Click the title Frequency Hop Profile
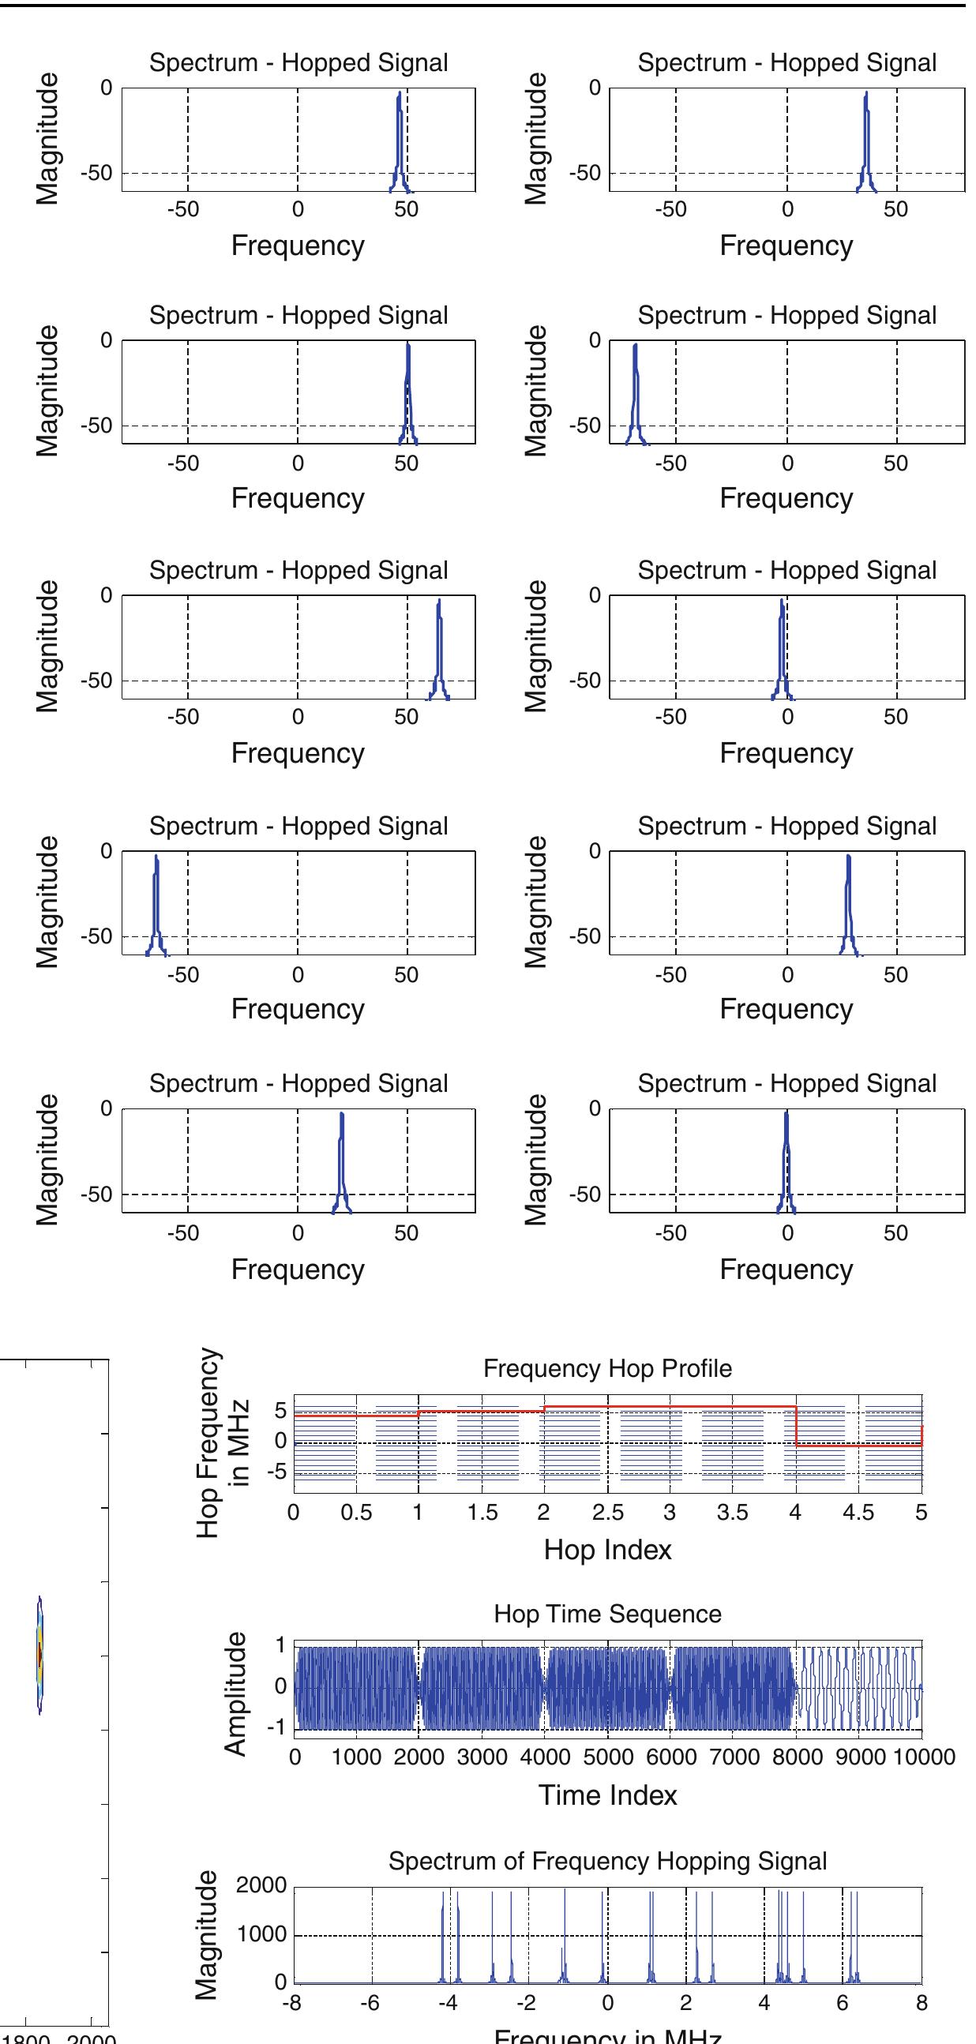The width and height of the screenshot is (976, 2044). [607, 1368]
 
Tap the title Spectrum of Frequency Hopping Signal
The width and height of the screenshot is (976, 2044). [607, 1861]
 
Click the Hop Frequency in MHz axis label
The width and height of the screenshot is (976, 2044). [223, 1441]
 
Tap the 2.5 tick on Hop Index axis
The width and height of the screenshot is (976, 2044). [607, 1513]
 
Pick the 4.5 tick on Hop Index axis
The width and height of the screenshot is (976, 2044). [858, 1513]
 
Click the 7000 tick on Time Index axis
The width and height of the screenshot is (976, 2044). [734, 1757]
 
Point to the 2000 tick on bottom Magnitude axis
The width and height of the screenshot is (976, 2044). [261, 1886]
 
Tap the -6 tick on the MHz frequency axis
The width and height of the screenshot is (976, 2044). [370, 2003]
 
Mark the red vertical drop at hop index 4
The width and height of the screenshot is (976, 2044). [796, 1426]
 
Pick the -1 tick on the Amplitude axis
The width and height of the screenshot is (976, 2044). [279, 1728]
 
